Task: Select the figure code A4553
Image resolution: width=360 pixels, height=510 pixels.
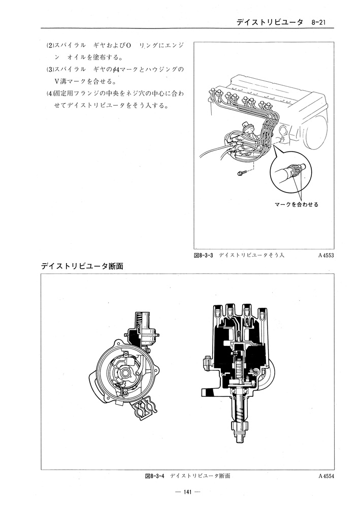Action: click(x=328, y=256)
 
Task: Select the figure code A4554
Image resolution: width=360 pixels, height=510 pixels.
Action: click(x=328, y=476)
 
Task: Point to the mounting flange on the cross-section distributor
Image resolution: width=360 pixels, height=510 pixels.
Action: click(x=209, y=391)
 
